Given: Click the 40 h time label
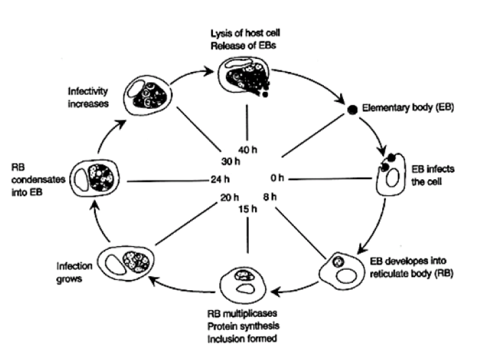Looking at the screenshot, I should [247, 150].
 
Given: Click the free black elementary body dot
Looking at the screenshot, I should [353, 109].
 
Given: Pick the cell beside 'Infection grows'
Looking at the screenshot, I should [125, 261].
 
